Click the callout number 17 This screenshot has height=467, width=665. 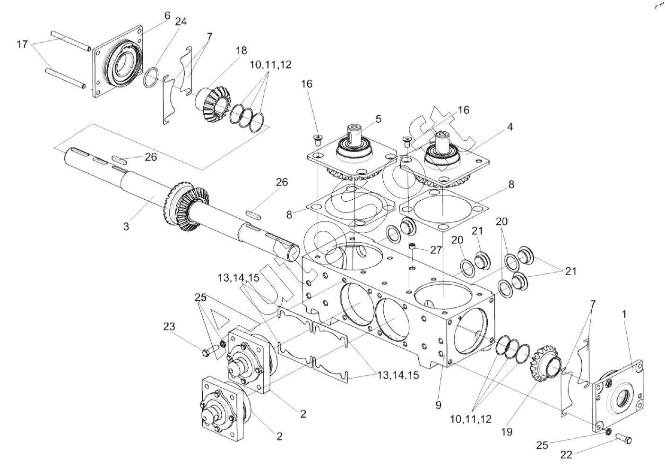click(22, 44)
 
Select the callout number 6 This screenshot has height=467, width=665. click(167, 16)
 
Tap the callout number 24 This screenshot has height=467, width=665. click(181, 22)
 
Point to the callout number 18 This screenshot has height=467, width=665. click(242, 51)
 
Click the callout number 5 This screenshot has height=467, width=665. click(378, 119)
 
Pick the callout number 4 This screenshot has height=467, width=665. click(510, 127)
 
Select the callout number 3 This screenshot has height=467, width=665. click(126, 227)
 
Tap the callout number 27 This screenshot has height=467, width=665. click(436, 250)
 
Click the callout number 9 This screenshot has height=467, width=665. click(439, 405)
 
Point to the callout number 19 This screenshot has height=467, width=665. click(507, 432)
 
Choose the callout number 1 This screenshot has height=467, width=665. click(624, 314)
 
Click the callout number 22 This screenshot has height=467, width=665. click(566, 455)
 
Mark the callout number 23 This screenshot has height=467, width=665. click(169, 327)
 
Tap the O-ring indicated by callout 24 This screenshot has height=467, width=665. click(151, 78)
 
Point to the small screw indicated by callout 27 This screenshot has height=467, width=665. click(412, 246)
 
